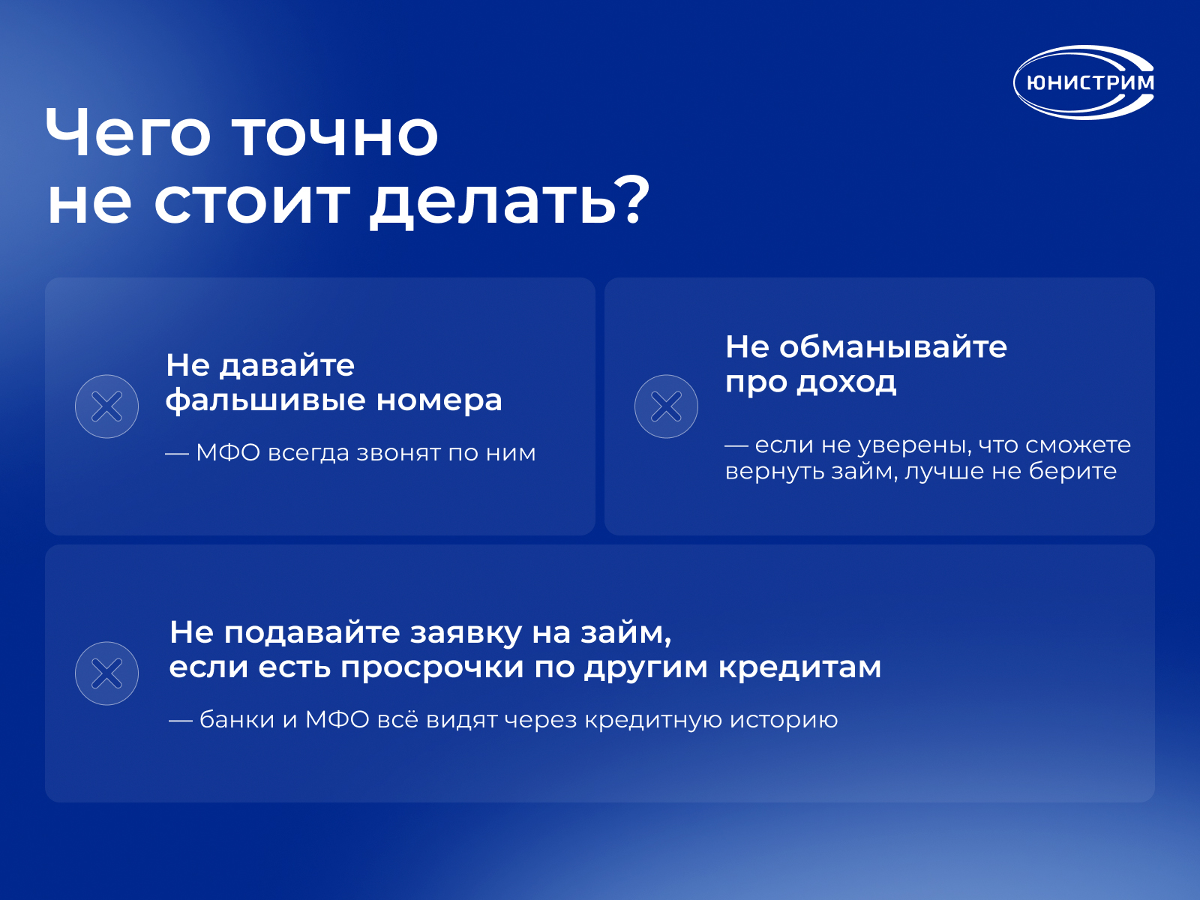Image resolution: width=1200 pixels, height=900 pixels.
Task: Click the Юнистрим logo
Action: [x=1084, y=82]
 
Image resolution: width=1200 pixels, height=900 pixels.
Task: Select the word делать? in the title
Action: [x=509, y=202]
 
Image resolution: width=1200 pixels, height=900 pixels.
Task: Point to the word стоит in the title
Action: [x=251, y=203]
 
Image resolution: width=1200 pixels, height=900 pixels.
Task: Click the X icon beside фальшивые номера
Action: [x=106, y=406]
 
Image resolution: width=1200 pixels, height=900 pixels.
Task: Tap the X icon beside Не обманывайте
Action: [x=666, y=406]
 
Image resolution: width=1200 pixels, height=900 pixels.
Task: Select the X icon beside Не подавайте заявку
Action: [x=106, y=673]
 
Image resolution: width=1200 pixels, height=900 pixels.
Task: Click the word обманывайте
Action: [x=892, y=347]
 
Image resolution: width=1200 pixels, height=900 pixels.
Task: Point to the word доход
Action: [x=846, y=382]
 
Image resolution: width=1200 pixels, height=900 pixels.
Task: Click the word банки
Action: [x=237, y=720]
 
